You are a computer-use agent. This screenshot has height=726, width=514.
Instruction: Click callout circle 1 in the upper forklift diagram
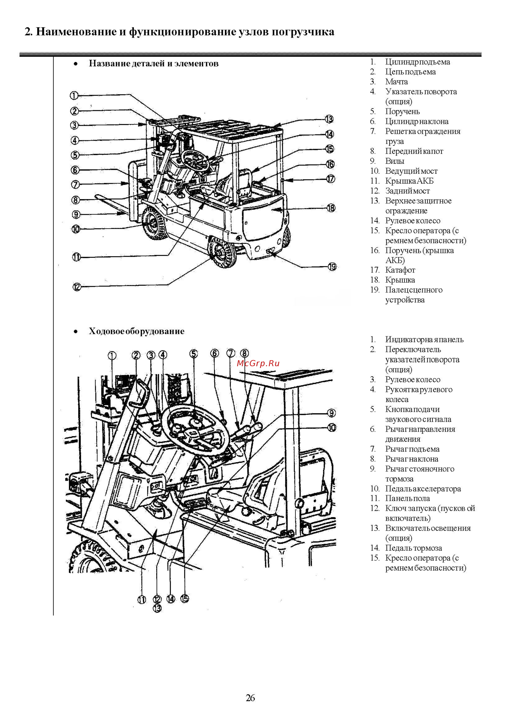[74, 95]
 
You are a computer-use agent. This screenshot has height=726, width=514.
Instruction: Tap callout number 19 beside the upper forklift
[332, 267]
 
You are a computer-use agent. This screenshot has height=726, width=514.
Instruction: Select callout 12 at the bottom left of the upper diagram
[77, 287]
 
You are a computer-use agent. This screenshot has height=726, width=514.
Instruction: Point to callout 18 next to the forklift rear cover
[331, 208]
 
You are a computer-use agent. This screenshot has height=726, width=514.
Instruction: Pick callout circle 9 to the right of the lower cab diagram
[331, 413]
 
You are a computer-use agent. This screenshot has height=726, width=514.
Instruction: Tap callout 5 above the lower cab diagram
[194, 354]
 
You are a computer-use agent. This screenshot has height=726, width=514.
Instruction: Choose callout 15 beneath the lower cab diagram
[184, 598]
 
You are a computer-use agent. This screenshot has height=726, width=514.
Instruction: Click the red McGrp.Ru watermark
[258, 363]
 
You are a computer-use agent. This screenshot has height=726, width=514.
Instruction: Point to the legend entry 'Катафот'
[400, 270]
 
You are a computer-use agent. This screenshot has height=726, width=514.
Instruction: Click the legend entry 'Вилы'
[395, 161]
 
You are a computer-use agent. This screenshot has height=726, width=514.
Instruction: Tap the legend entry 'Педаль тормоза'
[413, 548]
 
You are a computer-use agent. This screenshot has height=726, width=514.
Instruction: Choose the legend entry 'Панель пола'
[407, 498]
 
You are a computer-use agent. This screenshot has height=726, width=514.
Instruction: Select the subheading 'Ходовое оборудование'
[136, 331]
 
